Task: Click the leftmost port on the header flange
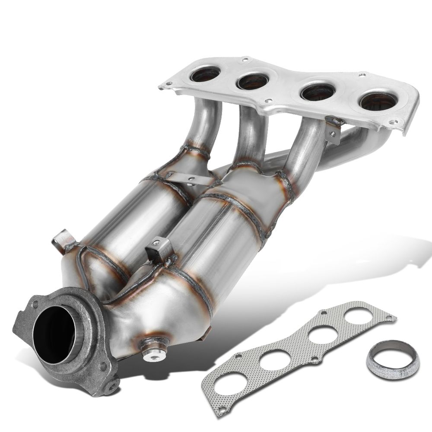pyautogui.click(x=205, y=74)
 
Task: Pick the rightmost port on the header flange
pyautogui.click(x=378, y=102)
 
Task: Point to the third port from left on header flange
pyautogui.click(x=318, y=92)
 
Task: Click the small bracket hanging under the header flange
pyautogui.click(x=333, y=130)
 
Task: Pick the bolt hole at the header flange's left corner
pyautogui.click(x=164, y=87)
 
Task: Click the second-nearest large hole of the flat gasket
pyautogui.click(x=274, y=359)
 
